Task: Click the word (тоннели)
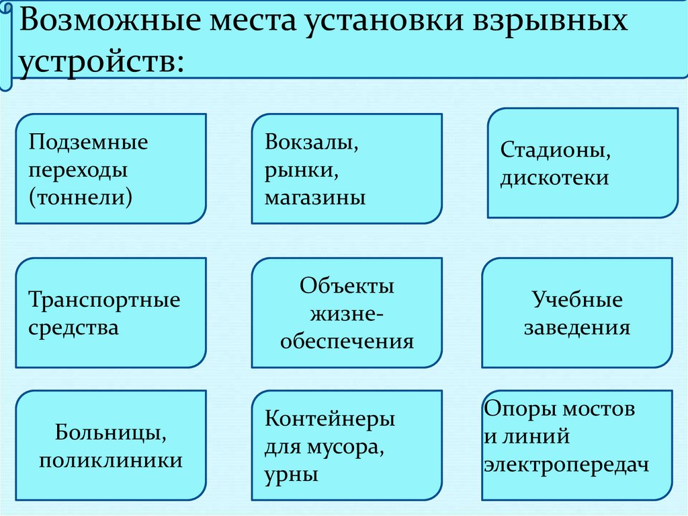[x=80, y=197]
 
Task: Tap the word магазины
[x=315, y=198]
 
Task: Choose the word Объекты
[x=347, y=285]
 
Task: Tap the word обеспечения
[x=347, y=341]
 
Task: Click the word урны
[x=292, y=474]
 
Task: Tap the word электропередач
[x=567, y=465]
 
